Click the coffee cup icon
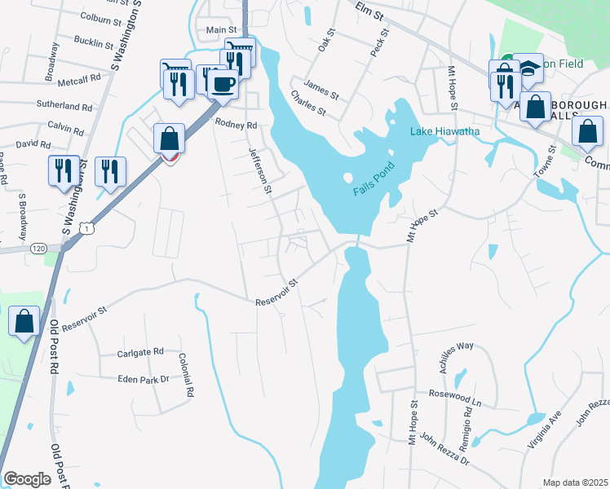click(x=223, y=82)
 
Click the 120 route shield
click(x=38, y=248)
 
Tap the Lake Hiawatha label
click(x=444, y=131)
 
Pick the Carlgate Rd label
click(x=140, y=353)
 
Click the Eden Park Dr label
click(x=143, y=379)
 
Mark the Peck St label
click(x=378, y=41)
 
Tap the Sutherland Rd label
click(x=64, y=106)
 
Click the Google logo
click(x=27, y=479)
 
